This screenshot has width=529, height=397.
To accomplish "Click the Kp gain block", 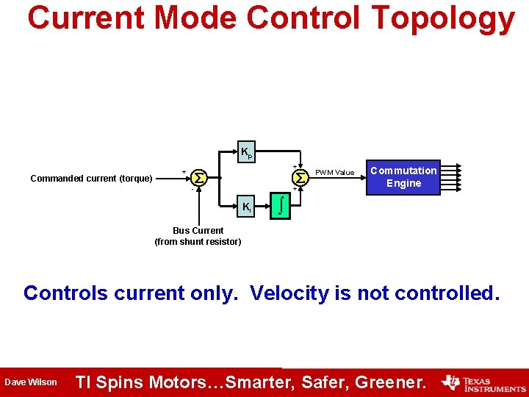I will point(246,152).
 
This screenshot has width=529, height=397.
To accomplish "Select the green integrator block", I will point(279,206).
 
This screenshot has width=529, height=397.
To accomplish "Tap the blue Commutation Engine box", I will point(403,177).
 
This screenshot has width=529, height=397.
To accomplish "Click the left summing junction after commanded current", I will point(198,178).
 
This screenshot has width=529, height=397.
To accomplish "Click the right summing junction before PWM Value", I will point(300,177).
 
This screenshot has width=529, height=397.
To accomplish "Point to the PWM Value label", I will point(334,173).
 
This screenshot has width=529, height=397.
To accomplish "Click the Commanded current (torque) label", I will point(91,179).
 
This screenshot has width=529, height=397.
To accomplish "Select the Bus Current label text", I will point(198,231).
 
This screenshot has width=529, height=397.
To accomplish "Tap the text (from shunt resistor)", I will point(198,242).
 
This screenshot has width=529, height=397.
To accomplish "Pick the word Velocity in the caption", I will point(289,293).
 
